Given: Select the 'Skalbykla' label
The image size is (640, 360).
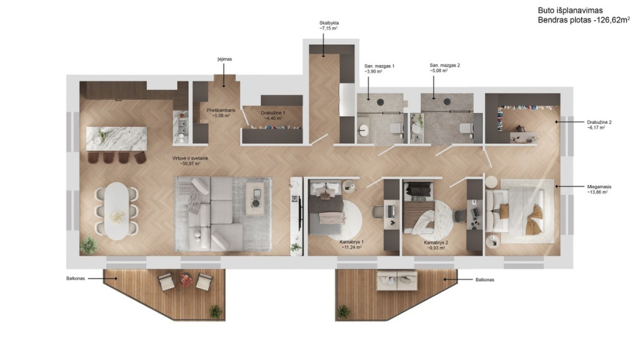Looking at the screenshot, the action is [x=329, y=23].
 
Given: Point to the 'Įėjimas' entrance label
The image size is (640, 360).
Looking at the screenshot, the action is [x=224, y=59].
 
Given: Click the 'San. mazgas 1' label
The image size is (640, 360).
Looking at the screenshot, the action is [x=379, y=66].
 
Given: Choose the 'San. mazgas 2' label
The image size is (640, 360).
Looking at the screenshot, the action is [x=445, y=65].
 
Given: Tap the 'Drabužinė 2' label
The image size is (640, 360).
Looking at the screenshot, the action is [x=599, y=122].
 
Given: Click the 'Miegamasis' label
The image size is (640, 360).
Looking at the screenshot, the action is [x=599, y=187].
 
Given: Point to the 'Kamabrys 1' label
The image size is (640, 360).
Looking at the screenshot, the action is [x=351, y=242].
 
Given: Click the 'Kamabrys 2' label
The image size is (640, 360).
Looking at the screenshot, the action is [x=436, y=243].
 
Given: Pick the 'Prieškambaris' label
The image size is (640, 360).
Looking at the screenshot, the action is [x=221, y=110].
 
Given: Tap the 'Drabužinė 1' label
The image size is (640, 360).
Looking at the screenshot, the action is [x=273, y=113].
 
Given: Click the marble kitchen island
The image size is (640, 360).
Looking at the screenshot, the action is [x=116, y=138].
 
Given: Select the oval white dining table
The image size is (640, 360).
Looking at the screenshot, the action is [x=116, y=210].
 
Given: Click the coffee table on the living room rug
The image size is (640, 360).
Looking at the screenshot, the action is [x=255, y=198].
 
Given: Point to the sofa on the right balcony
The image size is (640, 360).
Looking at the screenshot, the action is [x=397, y=280].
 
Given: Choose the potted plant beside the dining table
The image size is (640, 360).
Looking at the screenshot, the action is [x=88, y=245].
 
